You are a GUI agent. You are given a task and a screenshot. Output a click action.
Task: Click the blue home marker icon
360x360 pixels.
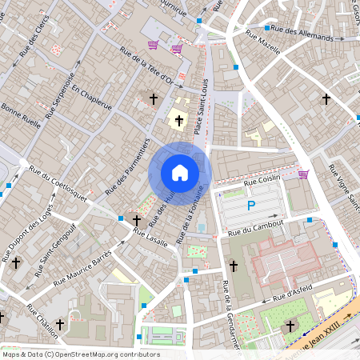point(180,173)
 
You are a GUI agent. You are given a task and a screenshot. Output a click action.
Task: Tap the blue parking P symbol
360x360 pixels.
point(250,206)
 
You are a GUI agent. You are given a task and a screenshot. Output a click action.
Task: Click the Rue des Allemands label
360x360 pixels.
point(302,33)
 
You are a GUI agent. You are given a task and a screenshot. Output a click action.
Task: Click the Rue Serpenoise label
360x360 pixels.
point(60,94)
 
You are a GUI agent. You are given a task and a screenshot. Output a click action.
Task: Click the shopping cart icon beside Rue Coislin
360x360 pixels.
point(303,174)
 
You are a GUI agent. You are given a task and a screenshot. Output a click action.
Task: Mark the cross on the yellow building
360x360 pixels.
point(179,121)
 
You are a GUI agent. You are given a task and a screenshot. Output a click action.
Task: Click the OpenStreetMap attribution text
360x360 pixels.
point(81,354)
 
